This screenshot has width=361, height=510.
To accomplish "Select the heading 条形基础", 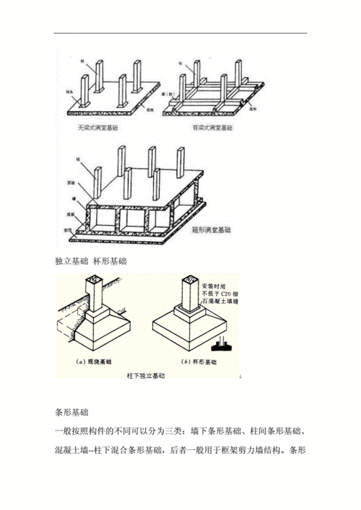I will click(71, 413).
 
